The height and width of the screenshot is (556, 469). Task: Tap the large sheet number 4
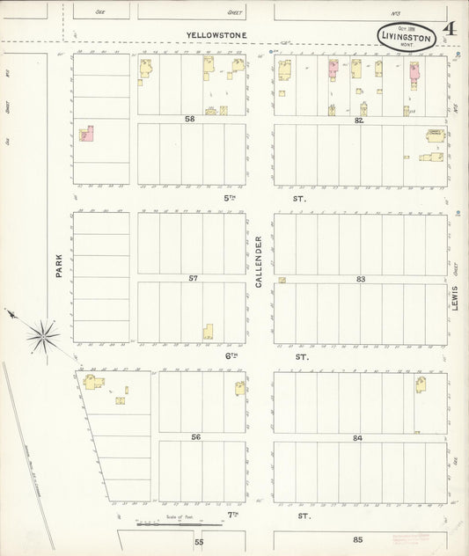point(450,30)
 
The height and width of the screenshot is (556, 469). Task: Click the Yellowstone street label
point(216,35)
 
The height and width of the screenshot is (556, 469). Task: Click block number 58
point(189,118)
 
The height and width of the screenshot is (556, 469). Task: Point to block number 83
point(360,278)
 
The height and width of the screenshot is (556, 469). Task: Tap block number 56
point(195,436)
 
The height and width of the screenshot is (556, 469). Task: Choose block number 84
point(357,437)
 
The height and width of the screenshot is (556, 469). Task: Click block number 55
point(199,542)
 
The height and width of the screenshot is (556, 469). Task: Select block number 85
point(357,539)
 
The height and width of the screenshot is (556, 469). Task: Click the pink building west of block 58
point(87,134)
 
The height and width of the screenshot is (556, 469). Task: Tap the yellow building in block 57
point(208,333)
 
